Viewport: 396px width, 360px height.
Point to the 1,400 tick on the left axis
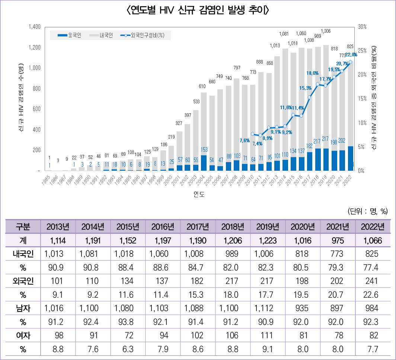point(34,27)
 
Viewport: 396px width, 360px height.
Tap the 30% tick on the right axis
point(362,27)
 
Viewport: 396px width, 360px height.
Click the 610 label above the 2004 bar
point(202,86)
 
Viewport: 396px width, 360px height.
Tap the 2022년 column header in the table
point(373,227)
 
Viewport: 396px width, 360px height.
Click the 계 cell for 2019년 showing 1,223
point(268,241)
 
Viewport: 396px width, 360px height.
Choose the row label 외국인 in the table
point(23,281)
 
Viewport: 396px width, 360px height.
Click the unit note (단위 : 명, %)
point(368,211)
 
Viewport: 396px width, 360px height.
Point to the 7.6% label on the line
point(244,140)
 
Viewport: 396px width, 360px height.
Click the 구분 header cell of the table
point(23,227)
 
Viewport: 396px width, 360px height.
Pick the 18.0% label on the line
point(313,73)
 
